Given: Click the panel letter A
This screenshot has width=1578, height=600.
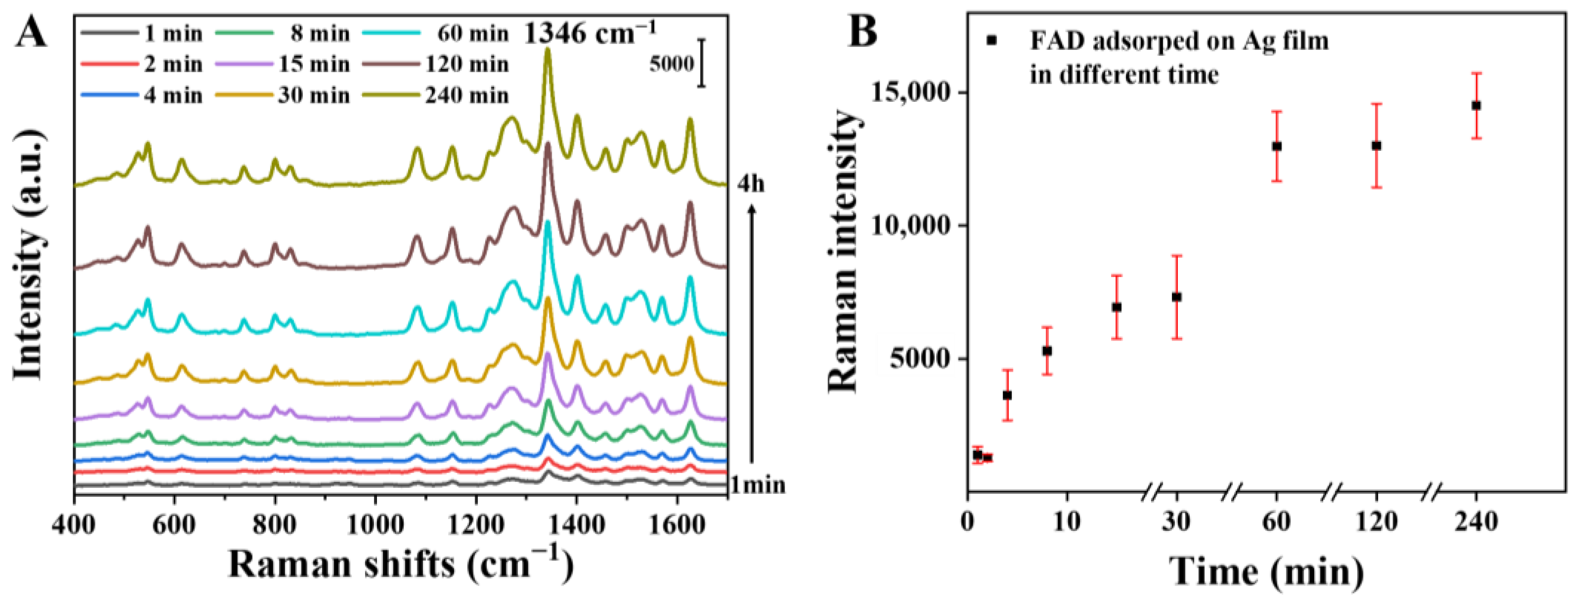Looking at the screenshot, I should tap(31, 32).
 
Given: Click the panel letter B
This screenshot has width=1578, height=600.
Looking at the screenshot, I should tap(863, 32).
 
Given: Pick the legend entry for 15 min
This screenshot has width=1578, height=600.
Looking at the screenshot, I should tap(313, 64).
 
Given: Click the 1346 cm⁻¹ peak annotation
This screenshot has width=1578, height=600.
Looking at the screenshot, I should tap(589, 32).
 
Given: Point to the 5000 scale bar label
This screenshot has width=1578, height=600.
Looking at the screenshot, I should tap(671, 64).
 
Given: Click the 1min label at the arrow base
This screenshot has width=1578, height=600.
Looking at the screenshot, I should tap(757, 485).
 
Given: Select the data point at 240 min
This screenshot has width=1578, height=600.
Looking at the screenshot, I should tap(1476, 105).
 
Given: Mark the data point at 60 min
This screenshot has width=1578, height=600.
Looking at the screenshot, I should tap(1277, 146).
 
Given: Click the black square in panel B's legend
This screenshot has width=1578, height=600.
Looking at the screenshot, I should tap(992, 41).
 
